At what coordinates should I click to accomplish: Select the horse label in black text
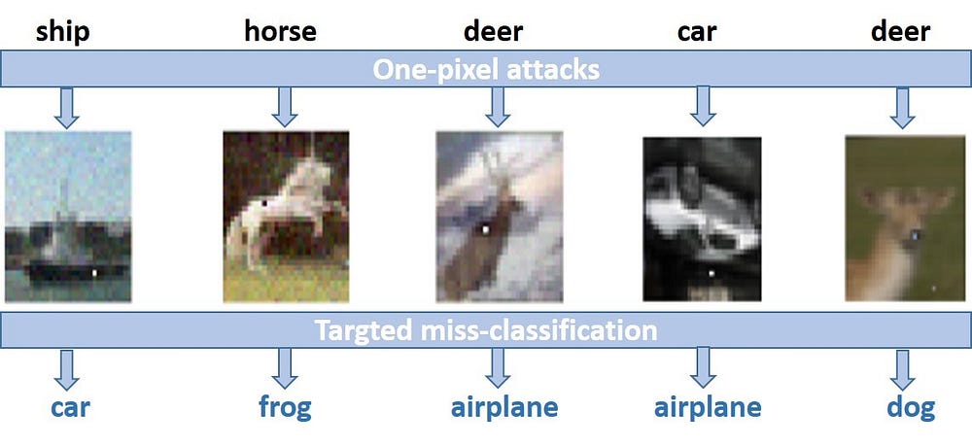coord(280,31)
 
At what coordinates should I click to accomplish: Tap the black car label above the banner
coord(697,31)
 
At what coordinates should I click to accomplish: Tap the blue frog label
coord(285,406)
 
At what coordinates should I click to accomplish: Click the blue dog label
coord(911,406)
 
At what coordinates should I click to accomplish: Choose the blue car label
coord(70,406)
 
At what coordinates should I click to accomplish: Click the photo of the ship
coord(67,216)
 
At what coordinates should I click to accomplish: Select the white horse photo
coord(285,216)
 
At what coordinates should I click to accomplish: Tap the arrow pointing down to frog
coord(285,367)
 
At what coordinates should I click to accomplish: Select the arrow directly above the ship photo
coord(66,107)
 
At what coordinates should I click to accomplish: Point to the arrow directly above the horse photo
coord(284,107)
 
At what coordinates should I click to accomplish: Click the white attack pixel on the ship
coord(94,275)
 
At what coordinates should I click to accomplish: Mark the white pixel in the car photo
coord(711,274)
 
